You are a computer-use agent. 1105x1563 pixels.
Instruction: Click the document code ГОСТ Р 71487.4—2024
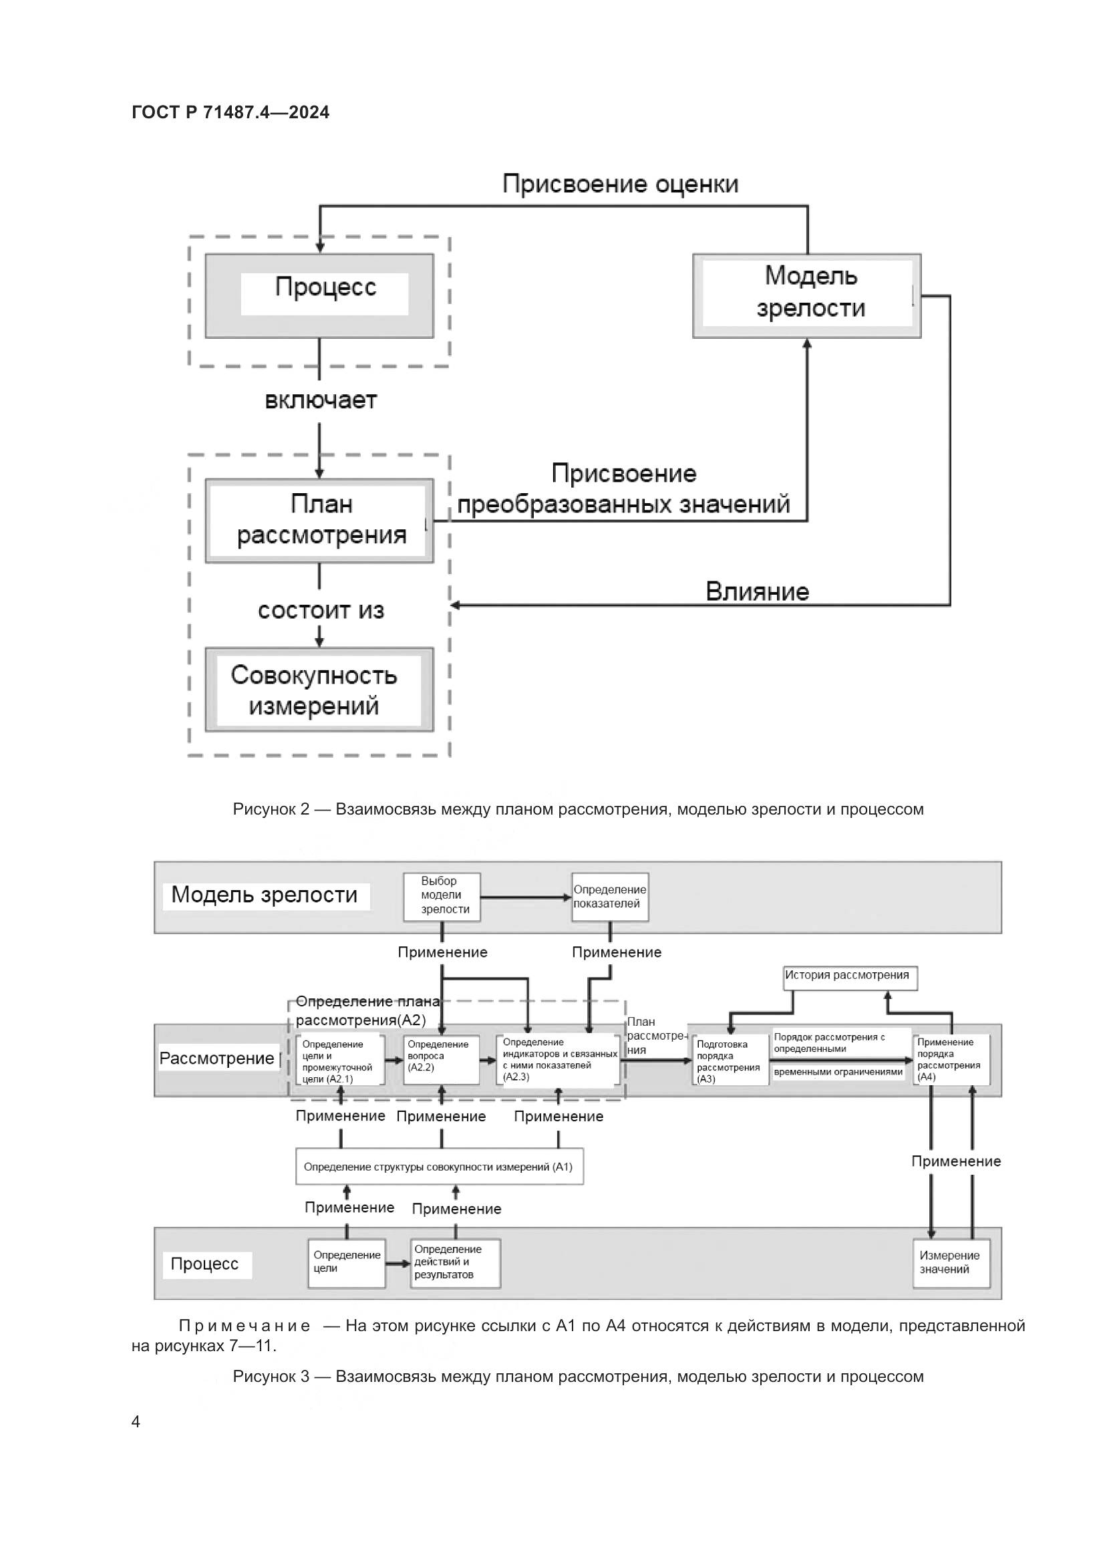[x=230, y=112]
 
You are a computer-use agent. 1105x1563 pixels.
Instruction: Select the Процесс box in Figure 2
[x=319, y=295]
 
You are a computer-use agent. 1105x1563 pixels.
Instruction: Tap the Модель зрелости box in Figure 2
[x=806, y=295]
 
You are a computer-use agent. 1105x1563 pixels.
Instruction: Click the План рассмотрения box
[x=319, y=520]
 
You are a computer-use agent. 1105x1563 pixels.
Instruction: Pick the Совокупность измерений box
[x=319, y=689]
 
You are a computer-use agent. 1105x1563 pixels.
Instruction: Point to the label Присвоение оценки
[x=620, y=184]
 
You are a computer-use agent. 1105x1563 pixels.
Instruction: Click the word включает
[x=321, y=400]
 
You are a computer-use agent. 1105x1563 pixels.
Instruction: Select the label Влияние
[x=757, y=591]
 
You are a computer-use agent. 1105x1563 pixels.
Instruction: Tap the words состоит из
[x=321, y=611]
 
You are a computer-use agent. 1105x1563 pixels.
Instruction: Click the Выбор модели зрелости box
[x=442, y=897]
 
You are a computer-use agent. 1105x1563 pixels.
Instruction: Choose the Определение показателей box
[x=610, y=897]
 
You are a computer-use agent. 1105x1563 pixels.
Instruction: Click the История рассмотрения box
[x=850, y=978]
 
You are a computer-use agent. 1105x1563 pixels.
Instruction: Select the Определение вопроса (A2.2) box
[x=442, y=1060]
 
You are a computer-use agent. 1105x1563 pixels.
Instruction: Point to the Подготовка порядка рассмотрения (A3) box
[x=730, y=1060]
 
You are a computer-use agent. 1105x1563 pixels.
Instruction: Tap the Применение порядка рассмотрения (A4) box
[x=951, y=1059]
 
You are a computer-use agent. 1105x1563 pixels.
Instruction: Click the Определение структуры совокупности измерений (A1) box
[x=439, y=1167]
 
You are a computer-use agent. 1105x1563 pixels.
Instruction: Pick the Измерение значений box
[x=951, y=1263]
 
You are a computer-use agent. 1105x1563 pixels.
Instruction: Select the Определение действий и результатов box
[x=455, y=1263]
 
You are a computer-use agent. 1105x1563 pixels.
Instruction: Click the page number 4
[x=136, y=1421]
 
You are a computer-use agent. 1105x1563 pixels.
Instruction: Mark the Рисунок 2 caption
[x=578, y=809]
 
